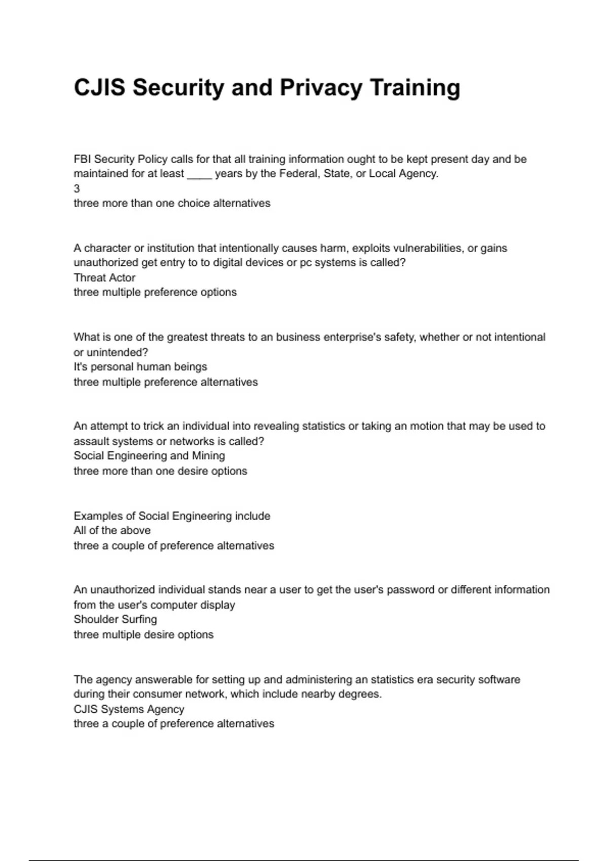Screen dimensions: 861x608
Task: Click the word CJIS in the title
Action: point(99,88)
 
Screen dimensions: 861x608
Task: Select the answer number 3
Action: point(77,189)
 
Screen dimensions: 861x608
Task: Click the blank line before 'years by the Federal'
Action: point(199,174)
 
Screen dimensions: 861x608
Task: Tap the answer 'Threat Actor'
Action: point(104,278)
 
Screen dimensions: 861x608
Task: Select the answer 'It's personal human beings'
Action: point(140,367)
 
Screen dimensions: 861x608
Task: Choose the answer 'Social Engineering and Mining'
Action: point(149,456)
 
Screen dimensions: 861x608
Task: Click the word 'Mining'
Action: point(208,456)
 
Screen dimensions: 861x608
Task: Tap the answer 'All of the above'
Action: point(112,530)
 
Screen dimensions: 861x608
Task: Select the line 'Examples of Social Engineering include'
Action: point(172,516)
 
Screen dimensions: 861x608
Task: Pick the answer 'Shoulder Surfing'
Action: point(115,619)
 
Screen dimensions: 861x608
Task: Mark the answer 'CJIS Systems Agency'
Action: point(129,709)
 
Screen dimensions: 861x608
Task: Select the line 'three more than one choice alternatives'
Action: point(172,203)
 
